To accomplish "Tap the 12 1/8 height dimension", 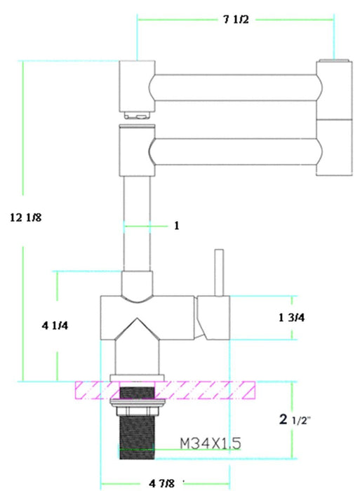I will click(27, 217).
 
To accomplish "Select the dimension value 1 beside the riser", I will click(177, 226).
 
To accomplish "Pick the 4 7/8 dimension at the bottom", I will click(163, 483).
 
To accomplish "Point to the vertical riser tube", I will click(137, 217).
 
